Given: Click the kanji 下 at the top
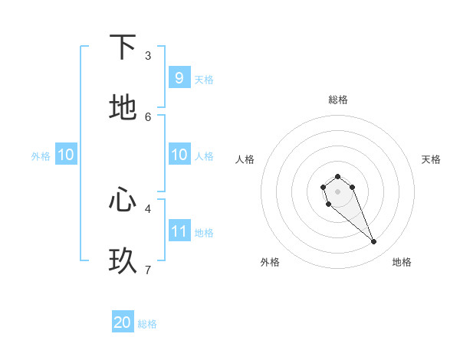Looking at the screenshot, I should (123, 47).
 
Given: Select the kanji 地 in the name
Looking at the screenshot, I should (123, 107).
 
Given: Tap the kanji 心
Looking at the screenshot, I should (123, 200).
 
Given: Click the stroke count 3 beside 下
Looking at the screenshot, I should (148, 56).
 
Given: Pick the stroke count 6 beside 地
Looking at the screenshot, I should (148, 116).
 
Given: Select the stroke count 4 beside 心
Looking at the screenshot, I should (148, 208).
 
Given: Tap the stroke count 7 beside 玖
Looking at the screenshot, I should (148, 270).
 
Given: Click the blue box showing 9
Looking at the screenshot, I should (179, 77).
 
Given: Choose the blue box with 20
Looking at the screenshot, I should (123, 322).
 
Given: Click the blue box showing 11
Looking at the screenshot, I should (179, 231).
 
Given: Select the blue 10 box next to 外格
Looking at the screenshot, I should (66, 155).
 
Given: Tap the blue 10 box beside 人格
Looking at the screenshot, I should (179, 155).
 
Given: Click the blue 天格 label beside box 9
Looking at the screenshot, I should (203, 79).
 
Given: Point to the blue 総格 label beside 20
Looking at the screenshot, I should (147, 324).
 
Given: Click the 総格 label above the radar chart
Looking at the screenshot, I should (337, 100).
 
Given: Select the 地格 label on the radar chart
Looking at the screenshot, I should (402, 262).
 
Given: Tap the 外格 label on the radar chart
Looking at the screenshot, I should (270, 262).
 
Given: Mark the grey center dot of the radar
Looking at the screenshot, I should (337, 191).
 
